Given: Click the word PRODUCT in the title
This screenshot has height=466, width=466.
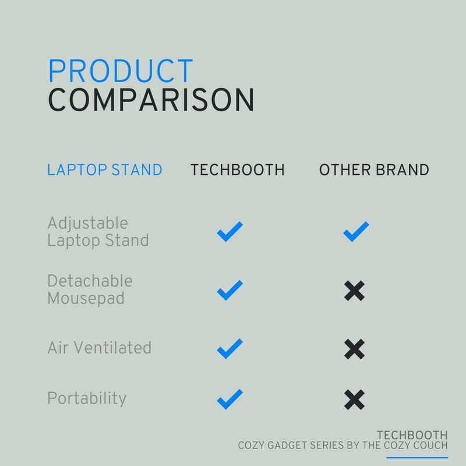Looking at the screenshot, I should click(120, 71).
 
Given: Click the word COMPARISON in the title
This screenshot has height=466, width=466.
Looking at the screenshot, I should click(151, 100).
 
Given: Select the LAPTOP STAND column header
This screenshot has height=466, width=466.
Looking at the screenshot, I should click(105, 170).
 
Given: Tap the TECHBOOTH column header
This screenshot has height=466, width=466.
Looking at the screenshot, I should click(238, 170).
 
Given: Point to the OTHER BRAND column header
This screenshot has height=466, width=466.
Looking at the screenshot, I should click(374, 170).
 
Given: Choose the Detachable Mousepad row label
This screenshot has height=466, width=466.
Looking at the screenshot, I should click(90, 290).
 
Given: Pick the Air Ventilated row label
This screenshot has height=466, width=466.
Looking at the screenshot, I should click(99, 348).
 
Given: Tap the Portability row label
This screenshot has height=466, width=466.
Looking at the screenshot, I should click(86, 398).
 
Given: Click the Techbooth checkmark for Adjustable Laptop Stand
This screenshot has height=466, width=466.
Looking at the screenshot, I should click(230, 232).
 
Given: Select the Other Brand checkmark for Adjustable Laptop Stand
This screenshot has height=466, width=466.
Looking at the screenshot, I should click(355, 232).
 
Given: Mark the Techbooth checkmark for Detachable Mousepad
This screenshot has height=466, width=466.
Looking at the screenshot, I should click(230, 290).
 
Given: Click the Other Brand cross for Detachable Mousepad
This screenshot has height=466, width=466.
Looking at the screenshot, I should click(354, 290).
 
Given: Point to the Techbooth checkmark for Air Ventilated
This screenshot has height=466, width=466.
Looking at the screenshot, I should click(230, 348).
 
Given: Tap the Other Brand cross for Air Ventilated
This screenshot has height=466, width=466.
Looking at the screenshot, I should click(354, 348).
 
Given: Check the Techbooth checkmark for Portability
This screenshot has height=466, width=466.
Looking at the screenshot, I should click(230, 399).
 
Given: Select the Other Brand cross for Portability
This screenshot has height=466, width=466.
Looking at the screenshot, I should click(354, 399).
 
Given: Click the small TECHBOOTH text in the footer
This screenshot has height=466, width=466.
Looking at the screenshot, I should click(412, 435).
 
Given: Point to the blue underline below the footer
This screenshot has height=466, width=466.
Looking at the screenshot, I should click(417, 457).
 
